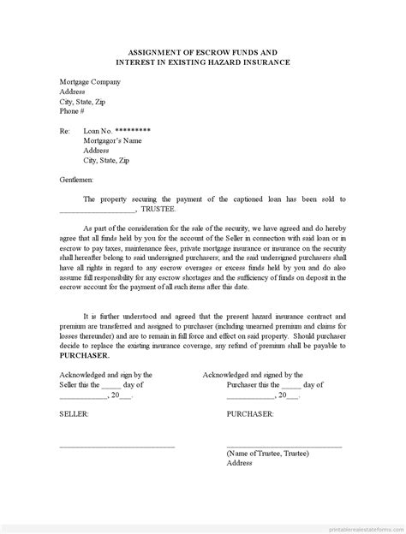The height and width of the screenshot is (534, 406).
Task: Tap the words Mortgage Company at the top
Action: pos(90,82)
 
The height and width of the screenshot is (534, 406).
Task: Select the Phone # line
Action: pos(72,111)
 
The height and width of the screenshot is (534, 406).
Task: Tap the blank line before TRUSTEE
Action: pos(98,211)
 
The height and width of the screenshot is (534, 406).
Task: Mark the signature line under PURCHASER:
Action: pos(284,446)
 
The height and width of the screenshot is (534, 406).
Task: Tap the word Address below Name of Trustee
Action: pos(240,465)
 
